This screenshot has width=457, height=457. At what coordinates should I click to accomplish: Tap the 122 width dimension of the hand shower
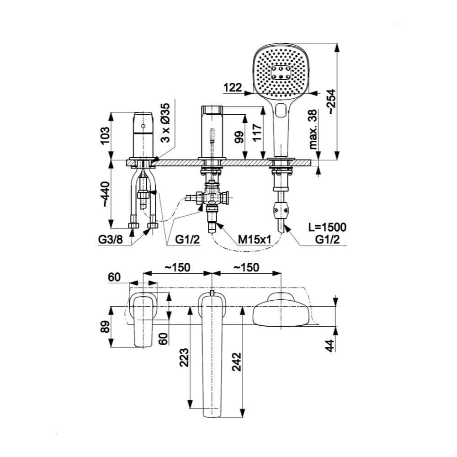[233, 87]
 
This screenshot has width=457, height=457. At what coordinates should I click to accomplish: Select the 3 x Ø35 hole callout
[165, 122]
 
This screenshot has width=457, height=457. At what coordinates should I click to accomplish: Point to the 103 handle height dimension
[105, 136]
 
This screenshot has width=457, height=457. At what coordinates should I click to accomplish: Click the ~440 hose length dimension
[105, 194]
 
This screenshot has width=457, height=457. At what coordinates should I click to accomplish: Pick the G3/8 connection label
[111, 239]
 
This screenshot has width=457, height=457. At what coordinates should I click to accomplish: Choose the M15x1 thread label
[255, 239]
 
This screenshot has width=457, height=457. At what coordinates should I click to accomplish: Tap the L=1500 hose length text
[328, 227]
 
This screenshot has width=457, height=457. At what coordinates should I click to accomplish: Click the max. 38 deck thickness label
[313, 129]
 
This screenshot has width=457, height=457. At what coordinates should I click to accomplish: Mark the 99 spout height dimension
[239, 137]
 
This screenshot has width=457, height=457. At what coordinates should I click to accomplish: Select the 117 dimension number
[257, 133]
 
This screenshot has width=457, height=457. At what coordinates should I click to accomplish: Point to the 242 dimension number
[237, 361]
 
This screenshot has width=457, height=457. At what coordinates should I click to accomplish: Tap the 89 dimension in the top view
[105, 326]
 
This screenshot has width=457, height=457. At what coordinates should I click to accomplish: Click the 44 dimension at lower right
[329, 345]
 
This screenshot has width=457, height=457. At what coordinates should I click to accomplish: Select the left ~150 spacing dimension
[177, 267]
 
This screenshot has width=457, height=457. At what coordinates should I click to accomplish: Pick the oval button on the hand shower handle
[281, 110]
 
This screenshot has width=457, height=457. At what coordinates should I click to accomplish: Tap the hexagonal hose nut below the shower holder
[281, 209]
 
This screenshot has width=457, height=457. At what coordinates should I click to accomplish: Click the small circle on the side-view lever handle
[143, 126]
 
